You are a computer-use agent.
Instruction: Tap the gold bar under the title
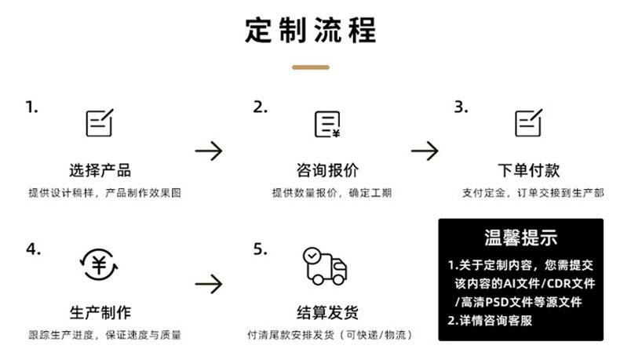310,67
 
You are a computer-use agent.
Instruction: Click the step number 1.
32,107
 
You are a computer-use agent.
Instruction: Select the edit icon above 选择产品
100,122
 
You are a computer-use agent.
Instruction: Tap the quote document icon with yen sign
327,123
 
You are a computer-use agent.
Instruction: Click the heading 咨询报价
327,170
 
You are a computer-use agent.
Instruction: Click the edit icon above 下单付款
528,122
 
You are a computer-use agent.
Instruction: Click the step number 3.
461,107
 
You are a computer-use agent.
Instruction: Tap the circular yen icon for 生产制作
100,265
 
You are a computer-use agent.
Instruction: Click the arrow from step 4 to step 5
209,283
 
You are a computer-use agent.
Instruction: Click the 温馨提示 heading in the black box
520,237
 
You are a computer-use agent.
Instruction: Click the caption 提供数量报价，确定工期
331,193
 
